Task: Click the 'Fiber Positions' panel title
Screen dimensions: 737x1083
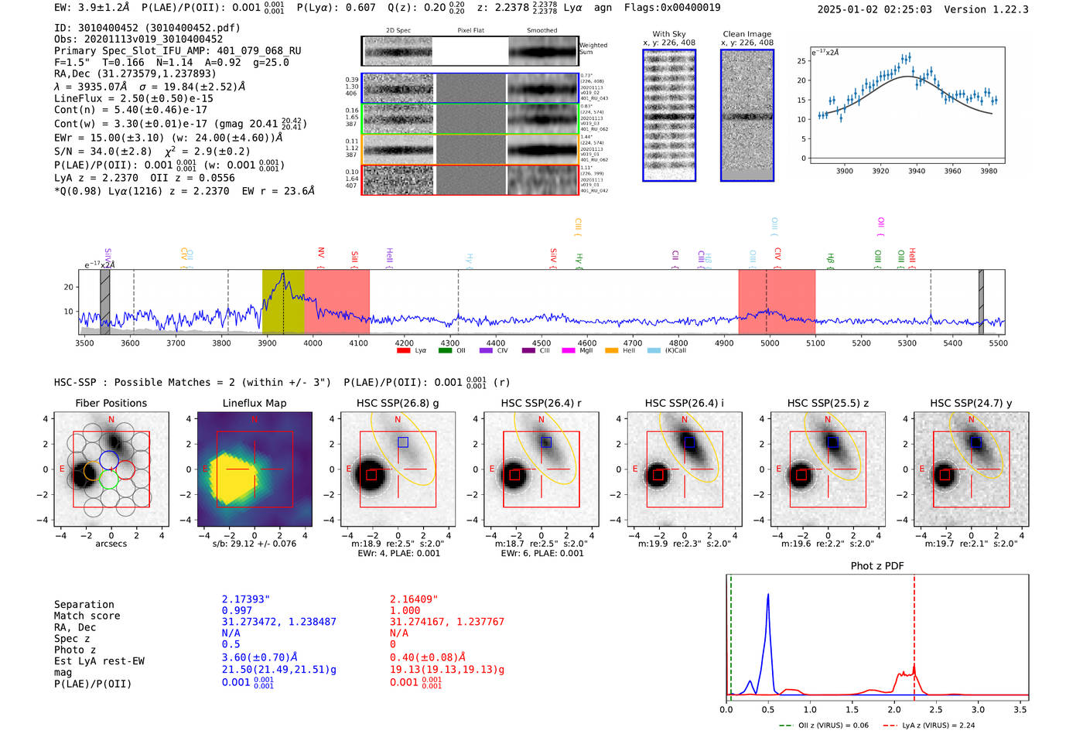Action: coord(111,403)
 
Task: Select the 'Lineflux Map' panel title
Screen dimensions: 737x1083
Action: coord(254,403)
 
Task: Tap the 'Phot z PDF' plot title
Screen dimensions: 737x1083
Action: coord(876,566)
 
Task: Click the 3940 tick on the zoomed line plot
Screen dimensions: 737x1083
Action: coord(917,171)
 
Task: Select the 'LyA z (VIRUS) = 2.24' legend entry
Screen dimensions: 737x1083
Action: coord(938,725)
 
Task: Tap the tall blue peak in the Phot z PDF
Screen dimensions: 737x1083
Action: coord(768,595)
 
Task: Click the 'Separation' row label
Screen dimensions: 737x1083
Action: coord(84,605)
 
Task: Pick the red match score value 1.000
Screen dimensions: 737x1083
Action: coord(405,610)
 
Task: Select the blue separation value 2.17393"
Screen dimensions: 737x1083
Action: coord(245,599)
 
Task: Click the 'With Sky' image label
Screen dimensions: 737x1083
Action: coord(668,34)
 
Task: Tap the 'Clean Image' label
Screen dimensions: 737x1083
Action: coord(746,34)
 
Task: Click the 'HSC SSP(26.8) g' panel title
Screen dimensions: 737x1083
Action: coord(397,403)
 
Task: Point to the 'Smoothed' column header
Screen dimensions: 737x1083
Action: coord(541,31)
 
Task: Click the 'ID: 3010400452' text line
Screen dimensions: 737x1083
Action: coord(147,28)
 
